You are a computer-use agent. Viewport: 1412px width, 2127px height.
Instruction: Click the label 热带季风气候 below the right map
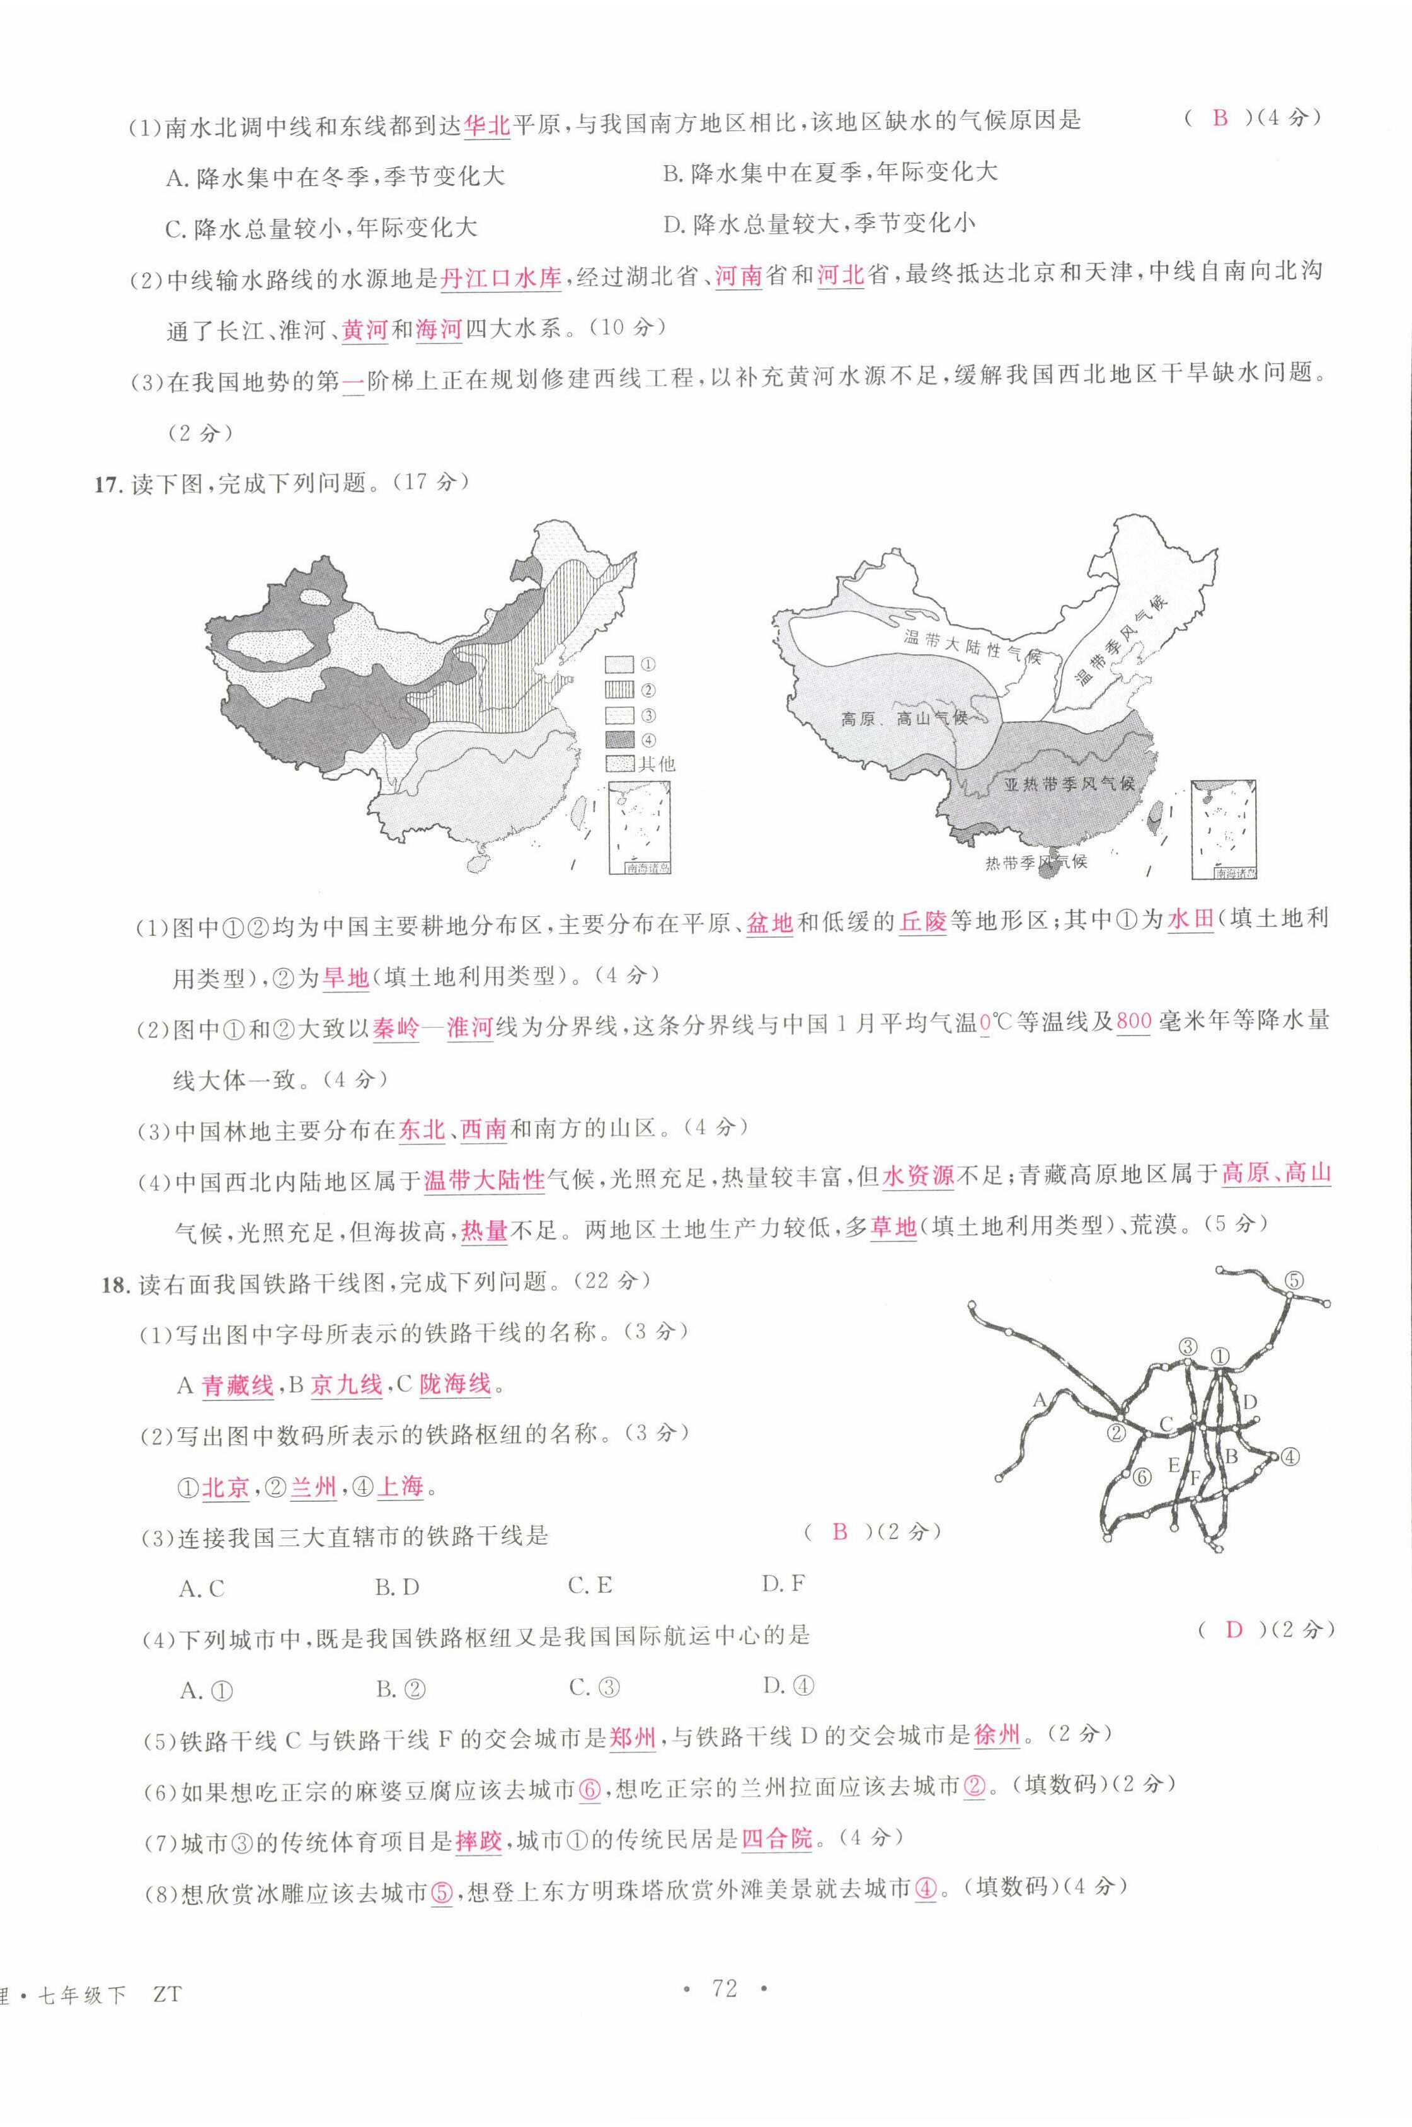coord(1036,862)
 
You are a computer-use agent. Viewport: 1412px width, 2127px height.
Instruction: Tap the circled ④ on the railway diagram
coord(1290,1455)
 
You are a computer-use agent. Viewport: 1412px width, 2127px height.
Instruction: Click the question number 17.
coord(106,485)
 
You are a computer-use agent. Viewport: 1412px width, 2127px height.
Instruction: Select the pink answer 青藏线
coord(237,1385)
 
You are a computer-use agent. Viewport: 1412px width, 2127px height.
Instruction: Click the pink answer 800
coord(1133,1021)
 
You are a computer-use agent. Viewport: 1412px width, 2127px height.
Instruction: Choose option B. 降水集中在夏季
coord(829,173)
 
